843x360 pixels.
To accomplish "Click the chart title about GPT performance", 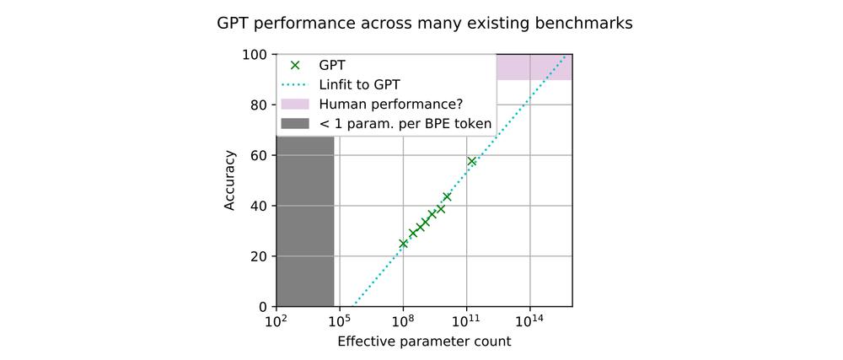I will [x=424, y=23].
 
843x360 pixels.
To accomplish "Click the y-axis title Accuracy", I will [x=229, y=180].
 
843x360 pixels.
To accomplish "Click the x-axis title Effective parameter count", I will [x=424, y=341].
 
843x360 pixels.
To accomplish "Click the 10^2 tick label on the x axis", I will [x=276, y=321].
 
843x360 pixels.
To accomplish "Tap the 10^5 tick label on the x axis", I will [x=339, y=321].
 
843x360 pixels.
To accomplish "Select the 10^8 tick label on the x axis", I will [x=403, y=321].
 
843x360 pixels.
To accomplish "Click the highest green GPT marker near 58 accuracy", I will [x=472, y=161].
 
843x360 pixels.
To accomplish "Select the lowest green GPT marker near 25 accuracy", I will [x=403, y=244].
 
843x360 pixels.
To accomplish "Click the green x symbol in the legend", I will [x=295, y=65].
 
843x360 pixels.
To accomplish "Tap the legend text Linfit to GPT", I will [x=360, y=84].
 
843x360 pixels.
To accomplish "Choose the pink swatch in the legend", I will [x=295, y=105].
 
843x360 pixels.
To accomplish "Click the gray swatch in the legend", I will [x=295, y=124].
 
